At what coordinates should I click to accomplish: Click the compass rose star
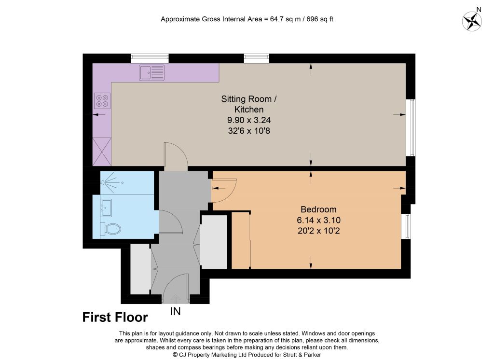pos(472,21)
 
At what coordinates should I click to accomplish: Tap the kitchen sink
pos(152,72)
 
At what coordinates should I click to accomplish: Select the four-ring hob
pos(102,100)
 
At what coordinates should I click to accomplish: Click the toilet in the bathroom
pos(110,229)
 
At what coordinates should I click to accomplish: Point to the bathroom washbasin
pos(106,208)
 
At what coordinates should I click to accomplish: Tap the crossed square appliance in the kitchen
pos(102,152)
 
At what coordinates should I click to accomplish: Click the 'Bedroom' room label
pos(318,209)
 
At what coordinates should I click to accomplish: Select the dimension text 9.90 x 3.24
pos(249,120)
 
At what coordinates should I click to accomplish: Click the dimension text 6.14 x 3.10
pos(318,220)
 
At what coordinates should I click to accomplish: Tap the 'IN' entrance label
pos(176,311)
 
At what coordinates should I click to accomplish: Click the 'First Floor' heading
pos(115,318)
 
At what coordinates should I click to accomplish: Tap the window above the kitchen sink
pos(150,58)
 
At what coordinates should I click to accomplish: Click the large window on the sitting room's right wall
pos(411,128)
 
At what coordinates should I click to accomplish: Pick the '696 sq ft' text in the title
pos(320,19)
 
